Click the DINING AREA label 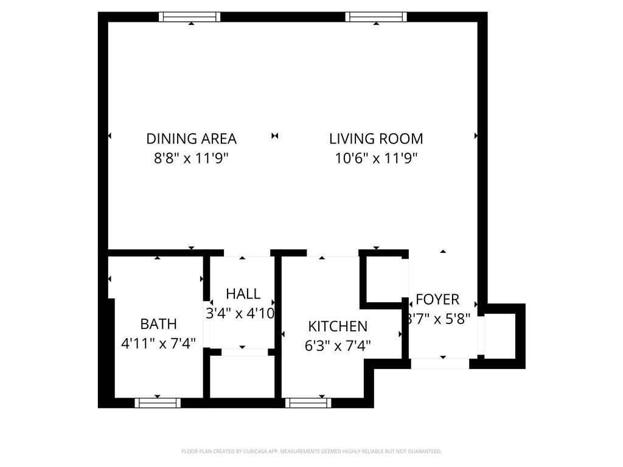(x=191, y=139)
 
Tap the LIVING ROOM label (x=376, y=139)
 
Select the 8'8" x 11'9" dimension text (x=191, y=158)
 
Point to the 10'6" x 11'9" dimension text (x=376, y=158)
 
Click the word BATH (x=158, y=323)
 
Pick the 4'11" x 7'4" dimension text (x=158, y=344)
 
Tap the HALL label (x=243, y=294)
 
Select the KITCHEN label (x=338, y=327)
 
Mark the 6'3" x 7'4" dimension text (x=338, y=346)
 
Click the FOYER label (x=437, y=300)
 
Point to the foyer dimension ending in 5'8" (x=439, y=319)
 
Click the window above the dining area (x=190, y=17)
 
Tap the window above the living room (x=376, y=17)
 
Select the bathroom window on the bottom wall (x=158, y=403)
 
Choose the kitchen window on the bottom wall (x=308, y=403)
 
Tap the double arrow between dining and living (x=275, y=136)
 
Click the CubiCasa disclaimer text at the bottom (x=311, y=451)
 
